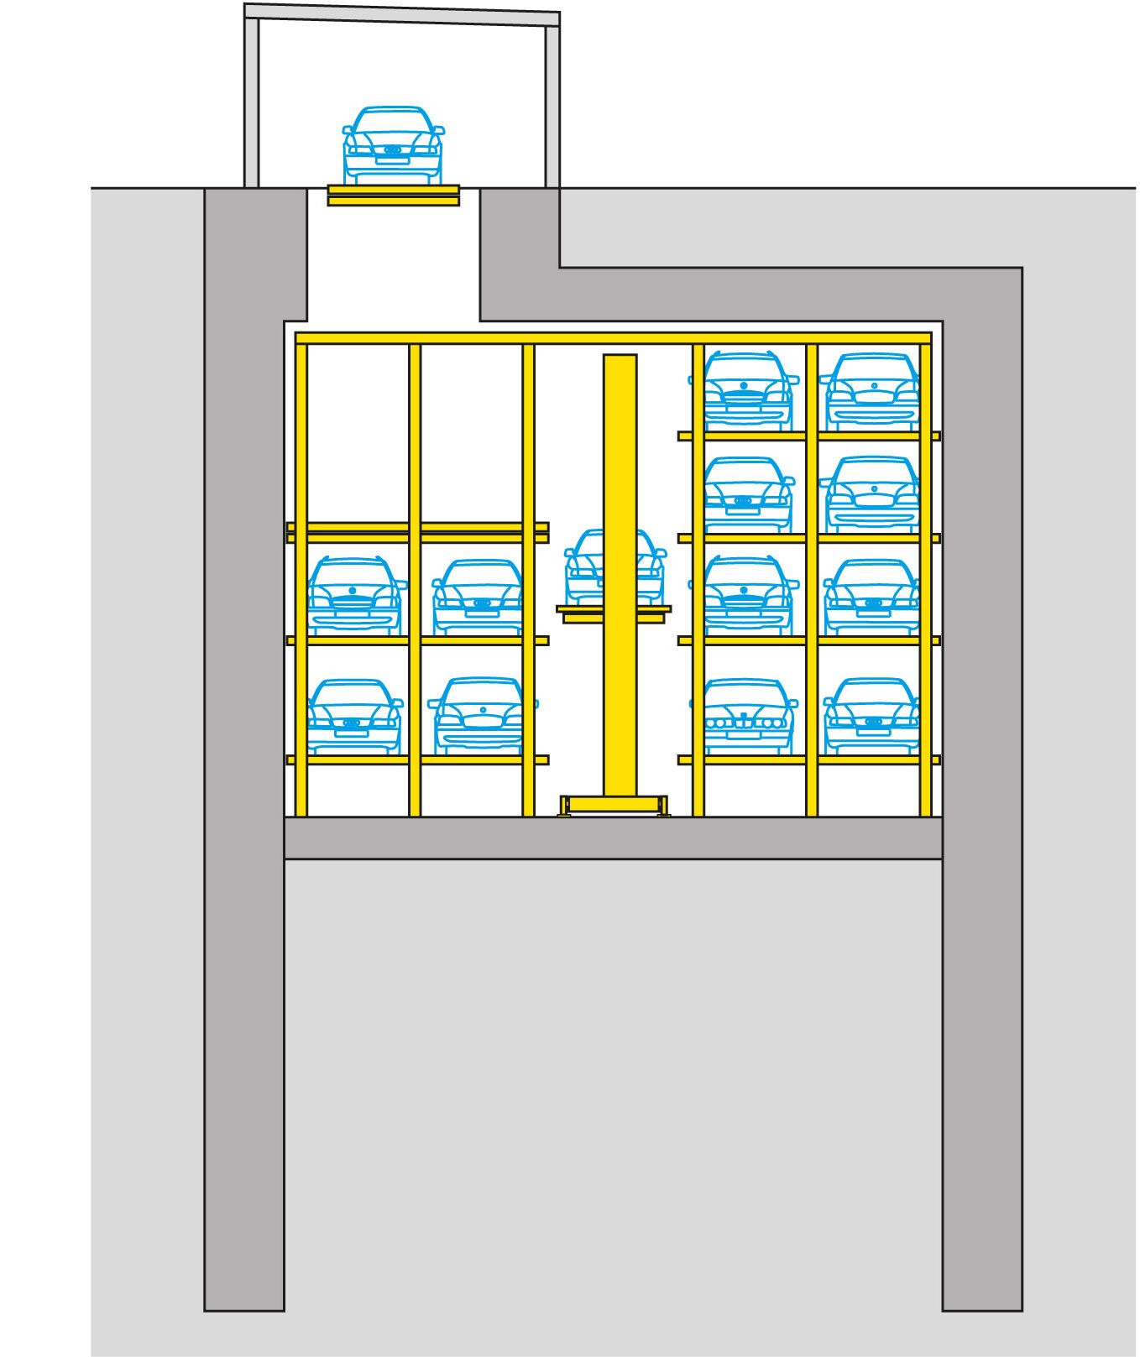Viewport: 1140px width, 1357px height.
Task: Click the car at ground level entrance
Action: tap(393, 144)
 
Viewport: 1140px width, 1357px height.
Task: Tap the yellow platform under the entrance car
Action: tap(393, 196)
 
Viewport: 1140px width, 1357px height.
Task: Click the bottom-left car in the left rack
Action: tap(354, 715)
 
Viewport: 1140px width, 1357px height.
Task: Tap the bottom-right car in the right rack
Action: tap(871, 715)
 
